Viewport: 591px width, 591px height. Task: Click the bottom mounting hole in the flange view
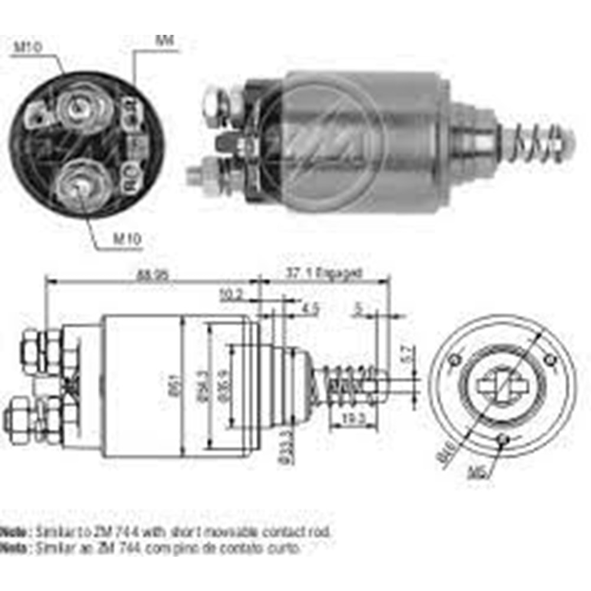coord(502,439)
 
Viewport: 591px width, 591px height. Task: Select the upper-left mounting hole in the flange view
coord(454,359)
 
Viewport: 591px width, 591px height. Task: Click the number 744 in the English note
coord(142,531)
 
